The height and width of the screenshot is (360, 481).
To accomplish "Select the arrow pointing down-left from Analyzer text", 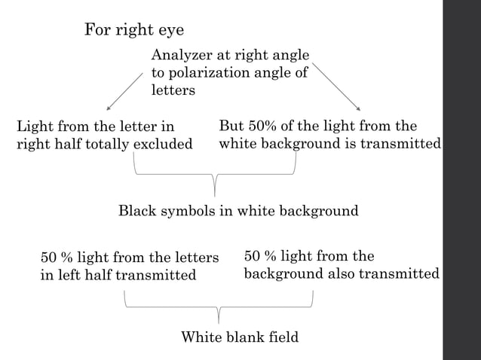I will (124, 91).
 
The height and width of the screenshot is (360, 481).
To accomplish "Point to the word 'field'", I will (283, 337).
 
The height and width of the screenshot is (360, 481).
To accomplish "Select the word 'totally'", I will (106, 144).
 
